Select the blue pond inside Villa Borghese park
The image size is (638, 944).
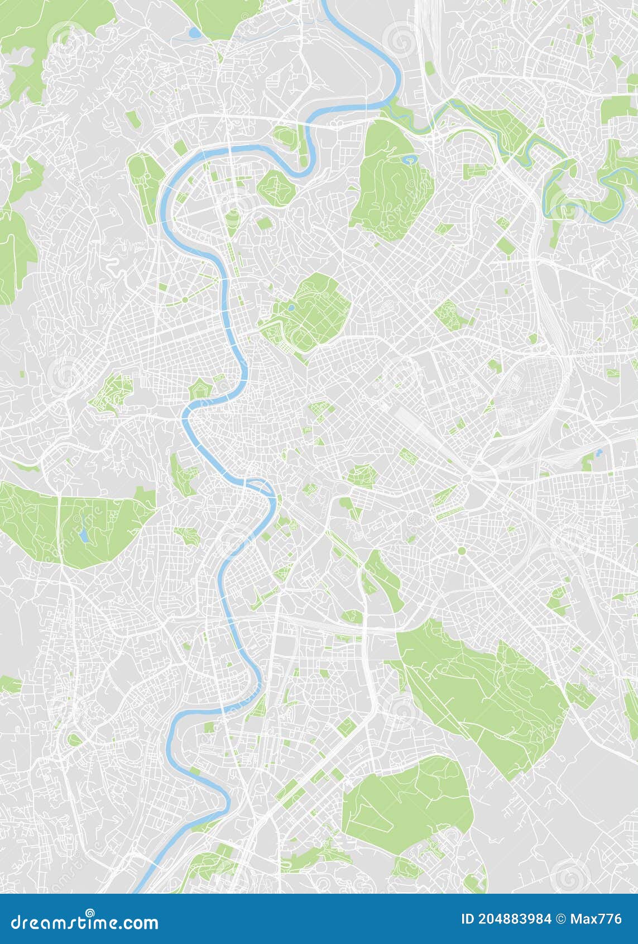291,307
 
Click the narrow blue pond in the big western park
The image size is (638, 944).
83,535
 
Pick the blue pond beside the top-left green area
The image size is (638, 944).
194,33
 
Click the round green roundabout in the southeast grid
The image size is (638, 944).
462,551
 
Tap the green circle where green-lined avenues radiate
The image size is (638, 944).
185,300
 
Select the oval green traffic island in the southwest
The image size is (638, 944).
74,740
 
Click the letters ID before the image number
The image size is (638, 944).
468,919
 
